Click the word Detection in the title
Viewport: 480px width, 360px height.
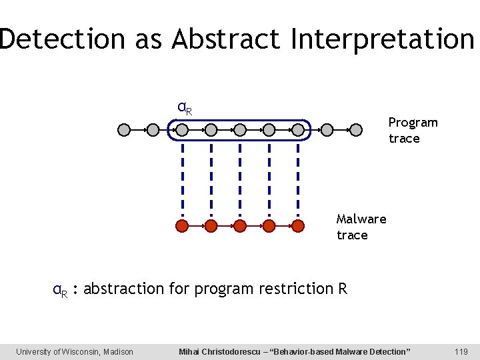tap(63, 39)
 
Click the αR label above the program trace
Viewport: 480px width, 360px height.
tap(184, 107)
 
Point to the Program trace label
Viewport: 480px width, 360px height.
tap(413, 130)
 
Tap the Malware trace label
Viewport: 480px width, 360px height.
tap(361, 227)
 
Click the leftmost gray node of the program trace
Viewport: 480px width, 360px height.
tap(124, 130)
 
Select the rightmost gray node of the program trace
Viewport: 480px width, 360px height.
tap(355, 130)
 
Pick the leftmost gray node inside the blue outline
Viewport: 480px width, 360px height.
tap(182, 130)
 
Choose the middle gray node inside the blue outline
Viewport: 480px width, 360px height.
tap(240, 130)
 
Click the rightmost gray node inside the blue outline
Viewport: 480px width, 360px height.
tap(297, 130)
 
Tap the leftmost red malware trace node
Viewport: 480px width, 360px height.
tap(182, 226)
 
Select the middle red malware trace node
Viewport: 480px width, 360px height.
tap(240, 226)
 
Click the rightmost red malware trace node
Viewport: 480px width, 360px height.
tap(297, 226)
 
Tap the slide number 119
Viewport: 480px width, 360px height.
tap(460, 351)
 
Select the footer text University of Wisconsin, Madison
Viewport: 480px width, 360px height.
tap(75, 351)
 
